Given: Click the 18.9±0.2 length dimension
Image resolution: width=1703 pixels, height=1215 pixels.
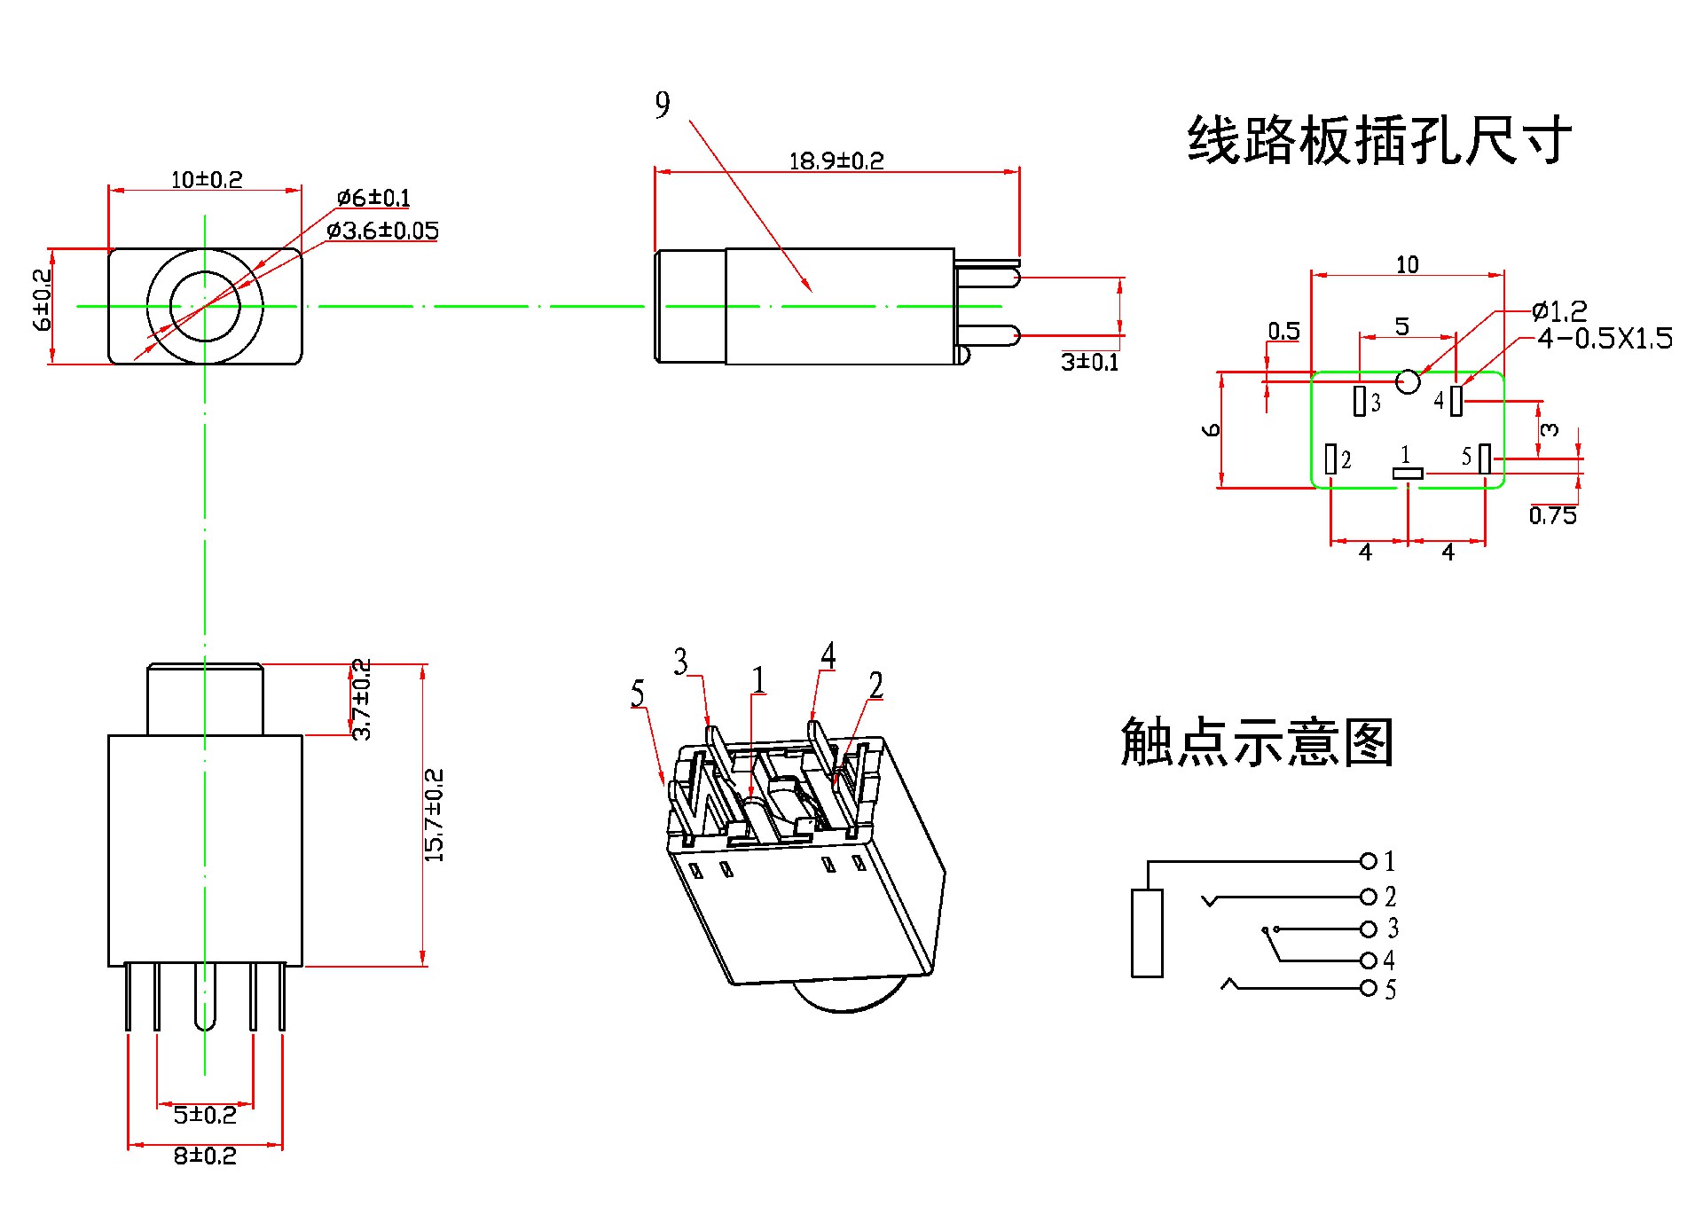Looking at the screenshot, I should click(x=836, y=161).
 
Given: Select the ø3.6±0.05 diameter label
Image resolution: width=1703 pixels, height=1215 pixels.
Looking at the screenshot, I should click(x=382, y=231).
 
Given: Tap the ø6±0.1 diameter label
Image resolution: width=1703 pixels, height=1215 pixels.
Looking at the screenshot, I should click(x=373, y=197).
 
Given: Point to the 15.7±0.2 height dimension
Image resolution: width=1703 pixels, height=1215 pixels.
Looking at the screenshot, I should click(x=434, y=814).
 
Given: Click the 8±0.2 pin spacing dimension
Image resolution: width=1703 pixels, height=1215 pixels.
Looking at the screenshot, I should click(x=205, y=1156).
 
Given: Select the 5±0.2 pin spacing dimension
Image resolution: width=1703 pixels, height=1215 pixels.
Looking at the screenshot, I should click(x=205, y=1115).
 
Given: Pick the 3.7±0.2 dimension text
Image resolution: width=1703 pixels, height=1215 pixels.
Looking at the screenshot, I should click(x=362, y=700).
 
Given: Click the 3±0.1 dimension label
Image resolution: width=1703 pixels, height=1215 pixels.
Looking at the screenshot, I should click(x=1089, y=362).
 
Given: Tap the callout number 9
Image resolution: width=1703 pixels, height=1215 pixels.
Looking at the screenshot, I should click(x=663, y=106).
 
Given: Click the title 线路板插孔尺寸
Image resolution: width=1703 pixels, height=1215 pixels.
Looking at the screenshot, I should click(x=1379, y=140).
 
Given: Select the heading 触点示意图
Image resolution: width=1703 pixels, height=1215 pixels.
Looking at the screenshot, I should click(x=1257, y=742).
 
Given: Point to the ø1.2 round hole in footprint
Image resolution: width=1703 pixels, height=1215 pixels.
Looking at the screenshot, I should click(x=1408, y=381).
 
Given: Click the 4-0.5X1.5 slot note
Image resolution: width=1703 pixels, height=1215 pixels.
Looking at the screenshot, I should click(x=1605, y=338).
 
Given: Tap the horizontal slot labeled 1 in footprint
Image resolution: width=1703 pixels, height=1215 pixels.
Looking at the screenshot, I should click(x=1408, y=474).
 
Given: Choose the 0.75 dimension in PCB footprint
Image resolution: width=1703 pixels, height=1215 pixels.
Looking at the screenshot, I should click(x=1552, y=516).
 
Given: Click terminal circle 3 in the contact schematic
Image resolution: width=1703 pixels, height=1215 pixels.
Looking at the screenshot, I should click(x=1369, y=929).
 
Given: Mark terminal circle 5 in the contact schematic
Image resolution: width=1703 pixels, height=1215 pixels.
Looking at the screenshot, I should click(x=1369, y=988).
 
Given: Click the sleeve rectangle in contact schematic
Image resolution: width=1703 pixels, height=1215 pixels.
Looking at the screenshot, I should click(x=1147, y=933).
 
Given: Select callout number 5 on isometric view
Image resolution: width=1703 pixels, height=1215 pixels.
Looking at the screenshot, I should click(x=637, y=694).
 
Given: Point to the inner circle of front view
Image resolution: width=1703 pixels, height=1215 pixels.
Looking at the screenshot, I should click(x=205, y=306).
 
